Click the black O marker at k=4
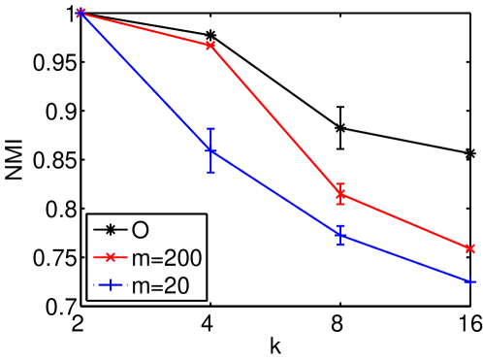click(210, 35)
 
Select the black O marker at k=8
click(340, 128)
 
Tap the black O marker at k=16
click(470, 153)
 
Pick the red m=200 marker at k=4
click(210, 46)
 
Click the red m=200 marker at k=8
click(340, 194)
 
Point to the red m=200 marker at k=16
click(470, 248)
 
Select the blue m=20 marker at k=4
click(210, 150)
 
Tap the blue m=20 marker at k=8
click(340, 236)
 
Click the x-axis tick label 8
click(340, 325)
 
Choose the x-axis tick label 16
click(468, 325)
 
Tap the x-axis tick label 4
click(210, 325)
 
